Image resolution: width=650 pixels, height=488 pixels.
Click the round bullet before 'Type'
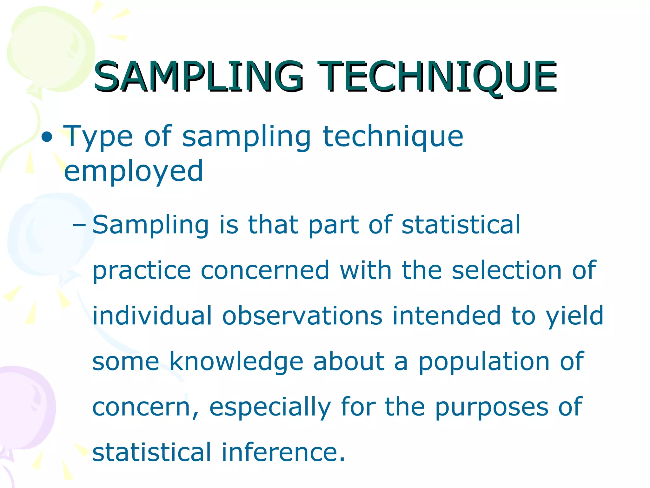tap(47, 137)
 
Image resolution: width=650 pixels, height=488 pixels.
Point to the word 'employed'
tap(133, 172)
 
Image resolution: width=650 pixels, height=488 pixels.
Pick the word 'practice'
tap(142, 271)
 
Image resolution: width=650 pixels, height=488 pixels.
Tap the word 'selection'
tap(507, 270)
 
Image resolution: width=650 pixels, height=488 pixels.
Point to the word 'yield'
tap(574, 316)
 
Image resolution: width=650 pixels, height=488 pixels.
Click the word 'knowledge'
tap(236, 362)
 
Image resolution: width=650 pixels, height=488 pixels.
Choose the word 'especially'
tap(270, 408)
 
